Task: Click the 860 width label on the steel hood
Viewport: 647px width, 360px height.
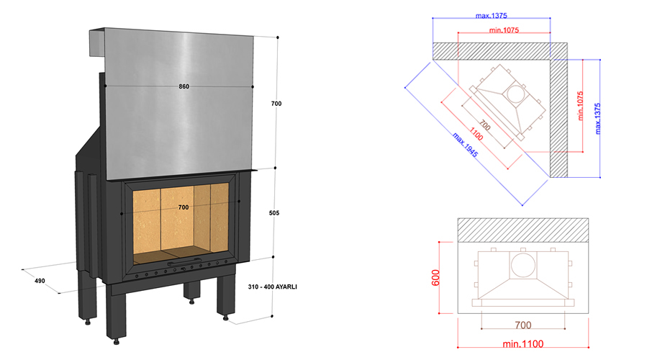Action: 184,86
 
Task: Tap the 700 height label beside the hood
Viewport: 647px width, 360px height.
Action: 276,104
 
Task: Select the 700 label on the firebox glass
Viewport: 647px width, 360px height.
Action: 184,207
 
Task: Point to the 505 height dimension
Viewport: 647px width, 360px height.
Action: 274,213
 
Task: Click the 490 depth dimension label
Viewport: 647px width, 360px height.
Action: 40,281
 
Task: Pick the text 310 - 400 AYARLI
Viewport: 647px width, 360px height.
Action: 272,287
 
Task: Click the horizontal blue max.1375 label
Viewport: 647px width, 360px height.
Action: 491,16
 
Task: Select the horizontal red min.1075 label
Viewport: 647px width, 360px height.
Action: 504,30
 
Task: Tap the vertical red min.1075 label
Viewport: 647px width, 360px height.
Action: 581,106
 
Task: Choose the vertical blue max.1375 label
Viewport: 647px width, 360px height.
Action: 597,119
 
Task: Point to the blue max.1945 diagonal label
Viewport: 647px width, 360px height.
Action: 465,145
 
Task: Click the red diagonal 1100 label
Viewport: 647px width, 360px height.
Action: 476,134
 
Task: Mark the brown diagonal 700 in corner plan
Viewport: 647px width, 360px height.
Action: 485,125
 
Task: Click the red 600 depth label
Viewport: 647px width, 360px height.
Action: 435,277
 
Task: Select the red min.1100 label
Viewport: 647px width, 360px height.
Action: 522,343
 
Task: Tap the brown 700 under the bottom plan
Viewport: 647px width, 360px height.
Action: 522,325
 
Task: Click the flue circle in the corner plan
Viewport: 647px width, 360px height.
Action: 516,94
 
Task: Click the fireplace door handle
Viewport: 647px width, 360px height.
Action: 184,263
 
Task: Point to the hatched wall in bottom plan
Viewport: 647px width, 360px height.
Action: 522,230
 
